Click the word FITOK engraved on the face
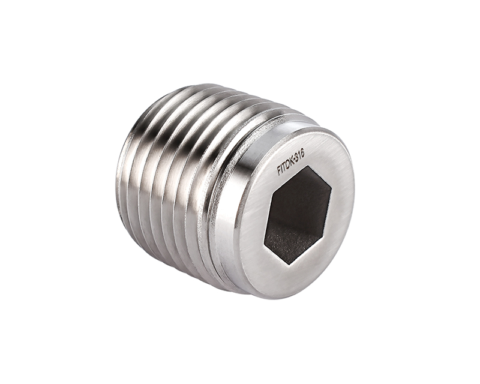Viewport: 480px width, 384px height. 286,164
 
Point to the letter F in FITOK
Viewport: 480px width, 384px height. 279,171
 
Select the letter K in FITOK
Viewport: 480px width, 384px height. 293,160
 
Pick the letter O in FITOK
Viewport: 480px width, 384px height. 289,163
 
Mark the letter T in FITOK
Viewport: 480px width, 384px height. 285,166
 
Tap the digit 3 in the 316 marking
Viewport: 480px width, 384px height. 297,157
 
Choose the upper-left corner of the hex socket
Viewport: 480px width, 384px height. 272,192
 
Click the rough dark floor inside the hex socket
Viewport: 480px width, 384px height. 288,240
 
